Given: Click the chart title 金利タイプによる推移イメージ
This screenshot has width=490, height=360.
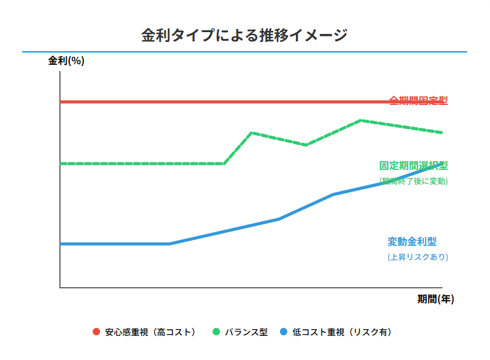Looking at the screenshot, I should [x=245, y=35].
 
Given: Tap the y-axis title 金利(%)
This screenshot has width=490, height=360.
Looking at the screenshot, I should [x=66, y=61].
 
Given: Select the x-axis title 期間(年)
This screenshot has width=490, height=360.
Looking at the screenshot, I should [x=436, y=299].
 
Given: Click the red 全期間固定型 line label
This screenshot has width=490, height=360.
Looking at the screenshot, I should [x=418, y=101].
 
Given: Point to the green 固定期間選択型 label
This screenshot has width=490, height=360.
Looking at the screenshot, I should [x=413, y=165].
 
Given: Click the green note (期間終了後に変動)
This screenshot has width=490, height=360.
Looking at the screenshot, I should [x=413, y=181].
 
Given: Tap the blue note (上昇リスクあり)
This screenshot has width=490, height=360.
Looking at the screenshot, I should [x=417, y=257].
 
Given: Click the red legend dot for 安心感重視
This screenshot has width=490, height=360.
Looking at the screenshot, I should [x=96, y=332].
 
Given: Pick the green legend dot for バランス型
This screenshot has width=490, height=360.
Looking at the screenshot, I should [x=216, y=332].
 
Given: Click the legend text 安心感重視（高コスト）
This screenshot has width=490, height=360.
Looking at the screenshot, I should [x=150, y=332].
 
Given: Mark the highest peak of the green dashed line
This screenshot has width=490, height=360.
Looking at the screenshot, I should [x=360, y=120].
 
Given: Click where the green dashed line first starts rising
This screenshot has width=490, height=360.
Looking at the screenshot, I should [x=224, y=164].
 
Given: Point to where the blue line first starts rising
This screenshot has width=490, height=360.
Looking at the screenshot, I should [x=169, y=244].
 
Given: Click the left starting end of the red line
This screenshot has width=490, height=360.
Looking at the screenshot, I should [x=61, y=102].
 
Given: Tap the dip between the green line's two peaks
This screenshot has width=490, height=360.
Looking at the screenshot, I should [x=306, y=145].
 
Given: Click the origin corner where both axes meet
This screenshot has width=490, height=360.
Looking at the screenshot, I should [x=60, y=287].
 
